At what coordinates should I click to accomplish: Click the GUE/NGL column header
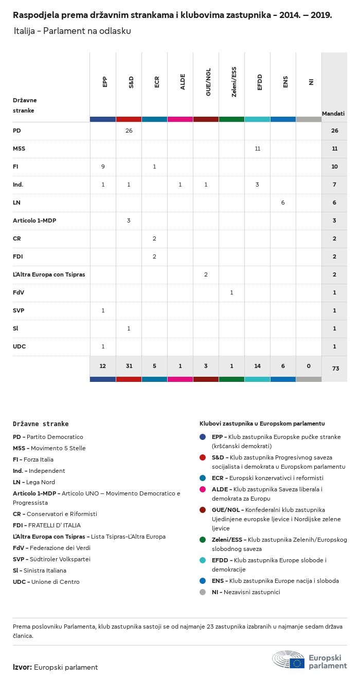[x=208, y=82]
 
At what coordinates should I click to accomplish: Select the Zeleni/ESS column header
[x=234, y=82]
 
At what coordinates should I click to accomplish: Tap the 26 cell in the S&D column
[x=129, y=131]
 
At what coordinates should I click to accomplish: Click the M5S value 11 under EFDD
[x=257, y=149]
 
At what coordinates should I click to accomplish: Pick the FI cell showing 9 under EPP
[x=103, y=167]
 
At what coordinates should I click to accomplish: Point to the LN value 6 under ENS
[x=283, y=203]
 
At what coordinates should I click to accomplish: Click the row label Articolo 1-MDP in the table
[x=34, y=220]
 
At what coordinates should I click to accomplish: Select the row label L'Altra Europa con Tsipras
[x=49, y=274]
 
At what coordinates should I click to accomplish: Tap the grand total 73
[x=335, y=368]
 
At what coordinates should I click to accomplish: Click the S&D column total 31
[x=129, y=366]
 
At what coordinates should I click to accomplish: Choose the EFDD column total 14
[x=257, y=366]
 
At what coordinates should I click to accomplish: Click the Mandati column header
[x=333, y=114]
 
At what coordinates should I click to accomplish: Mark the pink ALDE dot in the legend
[x=203, y=489]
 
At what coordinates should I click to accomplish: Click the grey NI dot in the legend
[x=203, y=592]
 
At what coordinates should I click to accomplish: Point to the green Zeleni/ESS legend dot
[x=203, y=540]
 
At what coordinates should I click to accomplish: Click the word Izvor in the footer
[x=22, y=667]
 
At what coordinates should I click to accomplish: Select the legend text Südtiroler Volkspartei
[x=60, y=559]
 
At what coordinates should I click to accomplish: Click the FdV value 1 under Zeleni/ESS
[x=231, y=292]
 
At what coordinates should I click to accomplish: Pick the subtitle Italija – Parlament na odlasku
[x=73, y=31]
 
